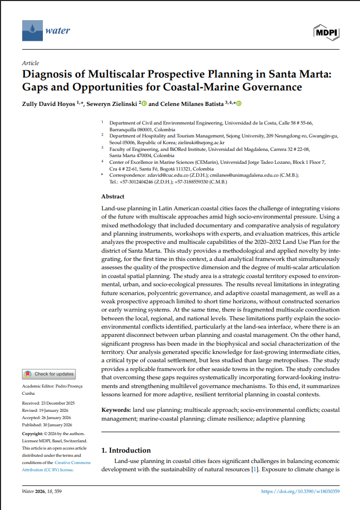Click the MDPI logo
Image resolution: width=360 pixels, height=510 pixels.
point(326,33)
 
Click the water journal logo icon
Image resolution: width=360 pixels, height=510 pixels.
point(33,30)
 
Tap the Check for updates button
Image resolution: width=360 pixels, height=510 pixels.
point(49,374)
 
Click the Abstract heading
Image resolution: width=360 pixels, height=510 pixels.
point(113,197)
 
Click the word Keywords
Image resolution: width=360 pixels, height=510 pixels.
point(116,410)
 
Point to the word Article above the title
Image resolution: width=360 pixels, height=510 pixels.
point(30,63)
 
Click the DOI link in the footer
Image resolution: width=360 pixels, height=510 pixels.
point(301,491)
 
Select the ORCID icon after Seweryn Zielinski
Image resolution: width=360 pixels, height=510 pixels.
point(144,103)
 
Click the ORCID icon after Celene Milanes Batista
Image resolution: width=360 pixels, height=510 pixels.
point(239,103)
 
